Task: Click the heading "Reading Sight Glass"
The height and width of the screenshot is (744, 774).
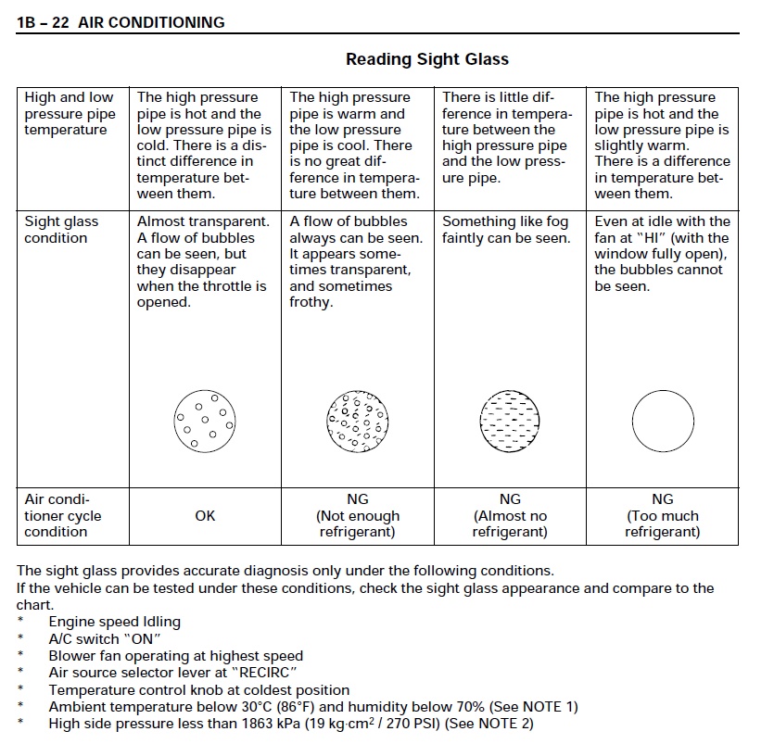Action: [427, 59]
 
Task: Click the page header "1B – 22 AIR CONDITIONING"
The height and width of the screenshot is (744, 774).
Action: [121, 22]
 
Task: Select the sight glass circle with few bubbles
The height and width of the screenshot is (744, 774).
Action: [205, 420]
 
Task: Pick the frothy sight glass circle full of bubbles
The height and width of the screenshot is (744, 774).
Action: [357, 420]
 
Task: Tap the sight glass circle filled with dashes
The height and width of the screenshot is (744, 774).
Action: [510, 420]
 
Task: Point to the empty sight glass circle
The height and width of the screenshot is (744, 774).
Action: [662, 420]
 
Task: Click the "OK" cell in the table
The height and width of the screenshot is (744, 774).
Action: [205, 516]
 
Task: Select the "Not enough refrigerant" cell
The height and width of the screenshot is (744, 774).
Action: [358, 516]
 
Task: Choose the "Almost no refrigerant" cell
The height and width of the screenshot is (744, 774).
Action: [510, 516]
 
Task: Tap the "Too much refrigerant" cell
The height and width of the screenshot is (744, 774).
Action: [662, 516]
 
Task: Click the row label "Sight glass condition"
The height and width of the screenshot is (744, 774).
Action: [61, 230]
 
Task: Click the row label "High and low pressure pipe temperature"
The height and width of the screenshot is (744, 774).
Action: [70, 113]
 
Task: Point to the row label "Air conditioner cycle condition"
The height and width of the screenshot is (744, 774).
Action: [63, 516]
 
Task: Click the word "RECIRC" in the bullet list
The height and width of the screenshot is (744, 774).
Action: [268, 674]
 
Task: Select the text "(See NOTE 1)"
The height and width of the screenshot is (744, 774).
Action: [535, 707]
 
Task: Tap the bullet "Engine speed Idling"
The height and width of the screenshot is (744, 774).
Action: [114, 622]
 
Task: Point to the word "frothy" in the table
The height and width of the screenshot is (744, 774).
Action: [311, 303]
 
